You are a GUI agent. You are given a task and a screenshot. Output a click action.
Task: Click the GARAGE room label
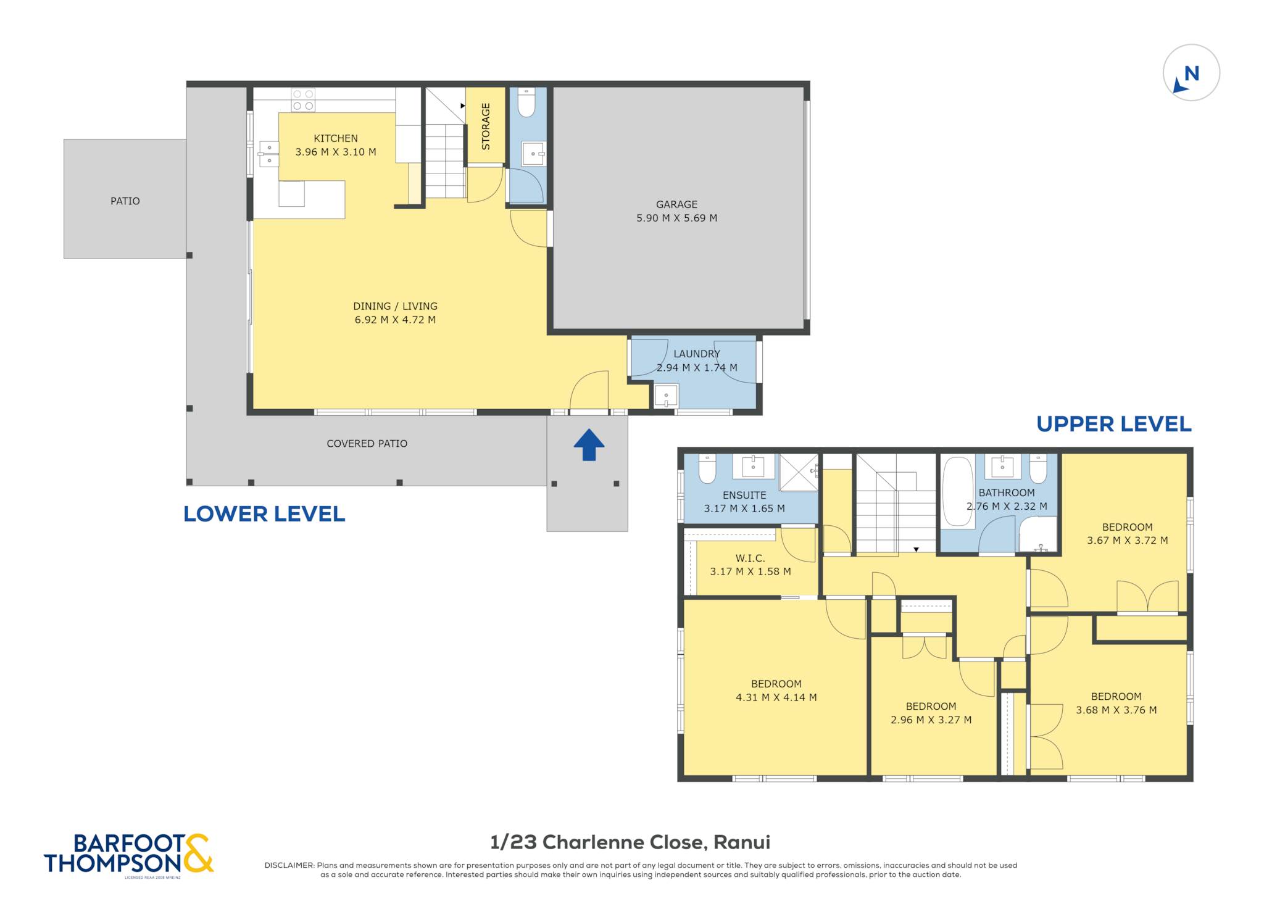(x=676, y=204)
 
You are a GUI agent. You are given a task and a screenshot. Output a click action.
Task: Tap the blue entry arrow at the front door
(x=589, y=444)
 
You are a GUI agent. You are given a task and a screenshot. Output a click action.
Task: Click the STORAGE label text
(x=486, y=126)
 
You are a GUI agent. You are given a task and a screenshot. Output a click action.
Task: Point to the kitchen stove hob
(x=303, y=100)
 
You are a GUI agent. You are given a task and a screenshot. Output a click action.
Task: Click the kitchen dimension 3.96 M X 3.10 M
(x=336, y=152)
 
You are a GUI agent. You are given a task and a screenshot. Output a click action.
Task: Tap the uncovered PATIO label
(x=125, y=201)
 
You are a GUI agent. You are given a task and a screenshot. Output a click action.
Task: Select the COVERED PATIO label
(x=367, y=444)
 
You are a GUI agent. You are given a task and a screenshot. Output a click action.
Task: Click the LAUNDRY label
(x=697, y=354)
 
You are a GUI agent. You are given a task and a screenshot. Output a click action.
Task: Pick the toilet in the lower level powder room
(x=526, y=102)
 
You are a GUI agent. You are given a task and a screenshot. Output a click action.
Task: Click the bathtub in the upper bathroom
(x=958, y=491)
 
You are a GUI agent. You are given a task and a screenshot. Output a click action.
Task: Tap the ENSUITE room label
(x=744, y=495)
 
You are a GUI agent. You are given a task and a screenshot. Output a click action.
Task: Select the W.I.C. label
(x=750, y=558)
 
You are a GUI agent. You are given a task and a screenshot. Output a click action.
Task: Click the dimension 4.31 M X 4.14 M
(x=776, y=697)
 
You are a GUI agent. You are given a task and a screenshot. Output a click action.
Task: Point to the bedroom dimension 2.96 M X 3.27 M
(x=931, y=720)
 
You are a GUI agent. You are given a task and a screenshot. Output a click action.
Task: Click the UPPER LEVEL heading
(x=1114, y=424)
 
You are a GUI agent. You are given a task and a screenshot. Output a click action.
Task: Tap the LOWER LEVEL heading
(x=264, y=514)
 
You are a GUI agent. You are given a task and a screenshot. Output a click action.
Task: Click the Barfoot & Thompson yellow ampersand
(x=197, y=853)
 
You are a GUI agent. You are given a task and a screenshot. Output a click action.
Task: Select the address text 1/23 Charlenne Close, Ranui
(x=630, y=842)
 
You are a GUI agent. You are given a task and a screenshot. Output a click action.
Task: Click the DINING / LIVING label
(x=395, y=306)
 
